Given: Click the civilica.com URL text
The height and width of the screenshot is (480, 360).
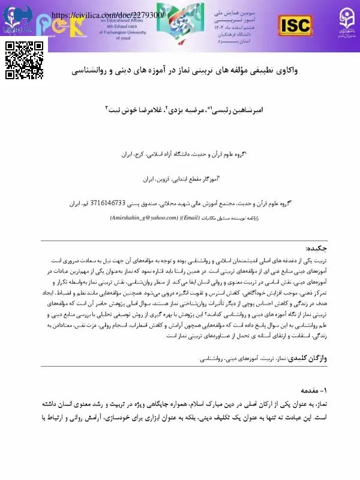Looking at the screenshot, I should tap(108, 14).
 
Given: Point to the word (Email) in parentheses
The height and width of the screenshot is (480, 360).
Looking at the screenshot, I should tap(191, 219).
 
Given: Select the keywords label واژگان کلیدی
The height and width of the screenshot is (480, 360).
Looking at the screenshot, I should tap(310, 358).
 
